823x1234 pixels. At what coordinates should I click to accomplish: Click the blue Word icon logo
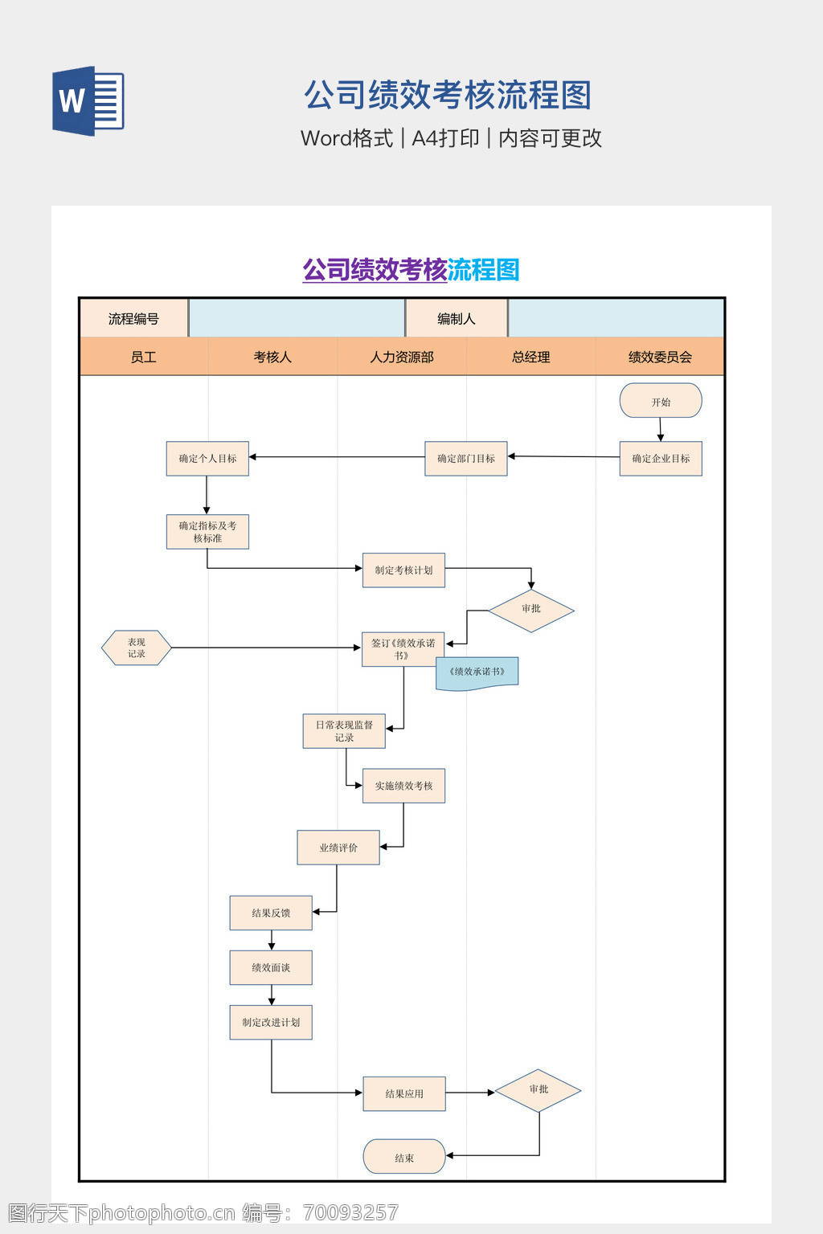tap(88, 101)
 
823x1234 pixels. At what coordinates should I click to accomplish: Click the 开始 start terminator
tap(661, 401)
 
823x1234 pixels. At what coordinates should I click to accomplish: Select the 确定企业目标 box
tap(661, 459)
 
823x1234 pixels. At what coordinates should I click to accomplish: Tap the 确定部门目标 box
tap(466, 459)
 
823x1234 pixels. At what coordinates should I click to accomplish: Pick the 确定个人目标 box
tap(207, 459)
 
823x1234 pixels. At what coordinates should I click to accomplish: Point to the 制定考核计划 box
tap(403, 570)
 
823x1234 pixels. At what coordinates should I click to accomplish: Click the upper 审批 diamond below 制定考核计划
tap(531, 610)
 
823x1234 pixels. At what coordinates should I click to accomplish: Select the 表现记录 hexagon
tap(137, 648)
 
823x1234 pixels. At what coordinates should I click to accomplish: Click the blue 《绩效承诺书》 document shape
tap(477, 673)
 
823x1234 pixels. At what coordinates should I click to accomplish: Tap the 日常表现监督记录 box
tap(344, 731)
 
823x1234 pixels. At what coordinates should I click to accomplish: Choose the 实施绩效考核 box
tap(403, 786)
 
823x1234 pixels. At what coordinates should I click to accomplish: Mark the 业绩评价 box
tap(338, 848)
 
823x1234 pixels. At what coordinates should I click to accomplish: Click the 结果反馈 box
tap(271, 913)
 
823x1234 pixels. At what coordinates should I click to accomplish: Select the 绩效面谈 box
tap(271, 967)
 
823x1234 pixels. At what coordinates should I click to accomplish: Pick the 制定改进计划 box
tap(271, 1022)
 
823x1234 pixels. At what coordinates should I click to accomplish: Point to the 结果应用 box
tap(404, 1093)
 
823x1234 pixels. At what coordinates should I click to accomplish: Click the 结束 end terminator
tap(404, 1157)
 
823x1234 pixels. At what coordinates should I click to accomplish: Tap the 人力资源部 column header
tap(402, 357)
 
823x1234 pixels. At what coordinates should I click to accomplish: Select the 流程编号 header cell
tap(133, 319)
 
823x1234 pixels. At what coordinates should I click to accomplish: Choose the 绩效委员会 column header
tap(660, 357)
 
